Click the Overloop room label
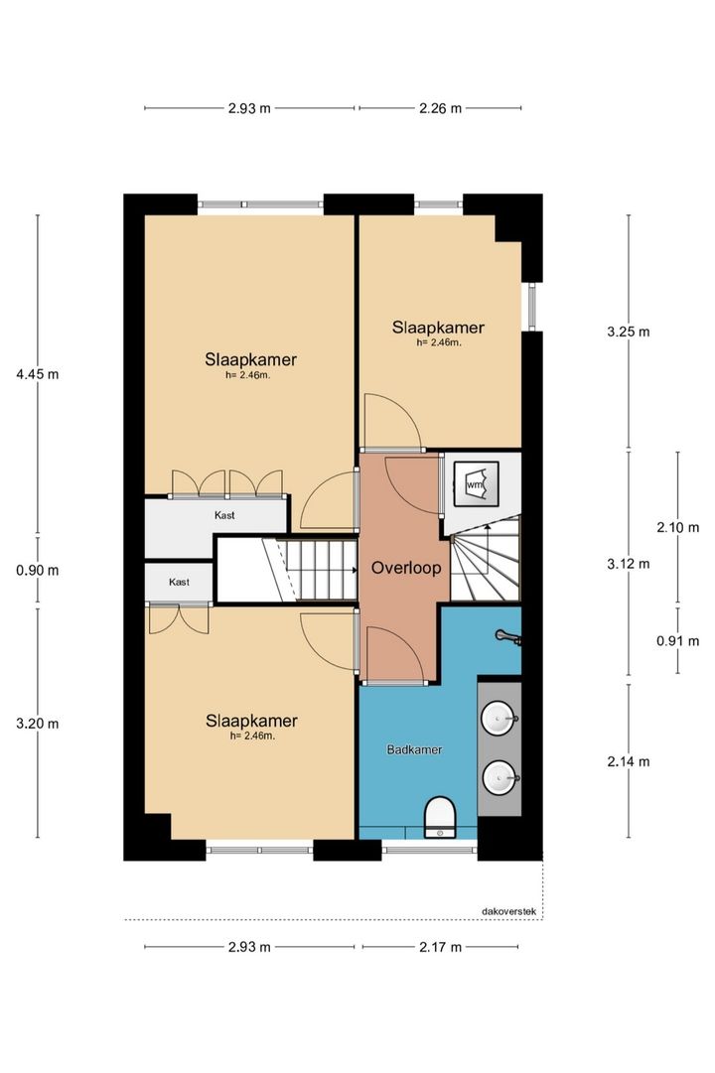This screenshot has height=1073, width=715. click(x=406, y=568)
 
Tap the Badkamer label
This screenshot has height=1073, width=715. click(x=414, y=749)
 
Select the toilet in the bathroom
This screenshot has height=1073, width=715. click(x=439, y=817)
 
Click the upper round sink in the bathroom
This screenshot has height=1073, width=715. click(x=500, y=720)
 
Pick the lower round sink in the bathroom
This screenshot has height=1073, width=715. click(x=500, y=778)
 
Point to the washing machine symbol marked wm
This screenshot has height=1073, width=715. click(x=476, y=483)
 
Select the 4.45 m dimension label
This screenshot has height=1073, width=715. click(x=38, y=373)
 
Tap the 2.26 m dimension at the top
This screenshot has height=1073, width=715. click(x=440, y=107)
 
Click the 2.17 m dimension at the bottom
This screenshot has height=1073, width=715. click(x=440, y=947)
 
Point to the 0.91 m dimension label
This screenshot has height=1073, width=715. click(x=678, y=641)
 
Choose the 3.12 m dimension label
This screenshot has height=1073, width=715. click(x=629, y=564)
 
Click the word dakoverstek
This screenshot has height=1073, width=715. click(x=509, y=911)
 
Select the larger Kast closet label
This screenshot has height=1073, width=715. click(x=224, y=515)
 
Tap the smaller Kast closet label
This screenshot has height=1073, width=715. click(x=180, y=582)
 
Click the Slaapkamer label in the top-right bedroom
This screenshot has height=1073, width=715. click(x=438, y=328)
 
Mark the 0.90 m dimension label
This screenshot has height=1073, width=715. click(x=38, y=570)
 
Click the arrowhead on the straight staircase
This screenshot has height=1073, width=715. click(x=354, y=569)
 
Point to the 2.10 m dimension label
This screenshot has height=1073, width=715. click(x=678, y=527)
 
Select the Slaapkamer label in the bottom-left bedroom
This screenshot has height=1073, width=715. click(x=252, y=721)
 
